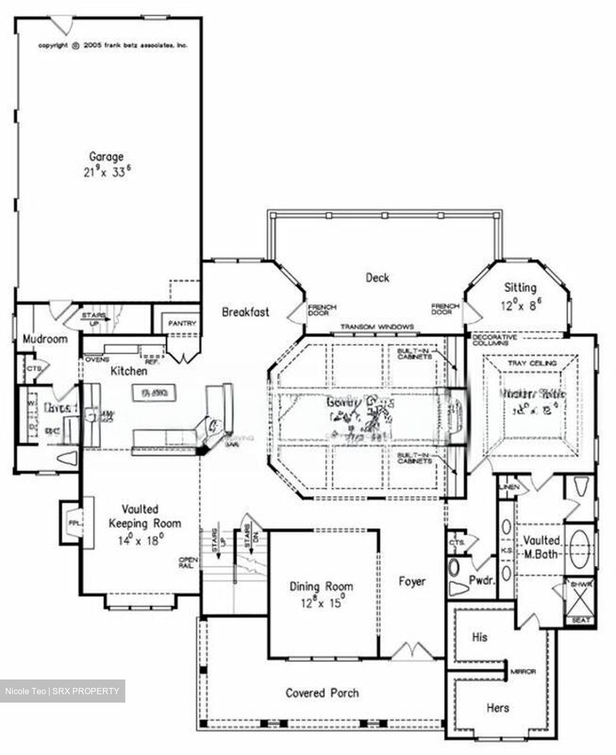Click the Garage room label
[x=106, y=156]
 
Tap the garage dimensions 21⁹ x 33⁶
[x=106, y=171]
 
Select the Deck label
[x=377, y=277]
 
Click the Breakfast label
[x=245, y=312]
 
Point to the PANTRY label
[x=182, y=323]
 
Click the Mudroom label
[x=45, y=339]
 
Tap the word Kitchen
[x=129, y=371]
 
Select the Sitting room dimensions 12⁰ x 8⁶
[x=520, y=306]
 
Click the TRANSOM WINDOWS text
[x=377, y=327]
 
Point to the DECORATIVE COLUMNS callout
[x=494, y=340]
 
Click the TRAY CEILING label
[x=532, y=363]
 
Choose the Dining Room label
[x=321, y=586]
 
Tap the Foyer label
[x=412, y=581]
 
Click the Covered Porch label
[x=322, y=693]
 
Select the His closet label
[x=480, y=637]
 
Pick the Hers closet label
[x=498, y=708]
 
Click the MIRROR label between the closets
[x=523, y=672]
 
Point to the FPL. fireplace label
[x=73, y=523]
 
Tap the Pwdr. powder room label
[x=482, y=580]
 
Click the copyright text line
[x=113, y=46]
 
